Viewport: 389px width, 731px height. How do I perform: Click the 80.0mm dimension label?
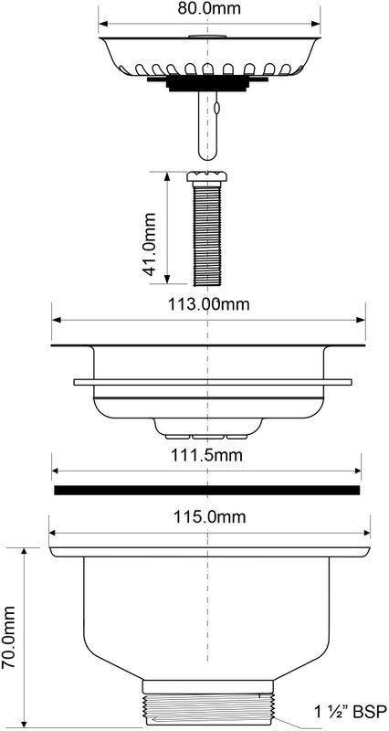(210, 8)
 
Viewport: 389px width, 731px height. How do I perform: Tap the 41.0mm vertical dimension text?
(150, 244)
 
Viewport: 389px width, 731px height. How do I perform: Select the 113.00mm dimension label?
(209, 304)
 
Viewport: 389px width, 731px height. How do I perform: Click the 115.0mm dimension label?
(210, 516)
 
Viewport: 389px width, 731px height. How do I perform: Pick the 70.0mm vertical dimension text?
(8, 637)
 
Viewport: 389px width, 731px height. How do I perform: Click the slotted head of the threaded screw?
(207, 176)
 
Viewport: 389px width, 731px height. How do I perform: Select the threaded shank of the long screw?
(207, 235)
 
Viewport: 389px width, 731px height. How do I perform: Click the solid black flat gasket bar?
(207, 490)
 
